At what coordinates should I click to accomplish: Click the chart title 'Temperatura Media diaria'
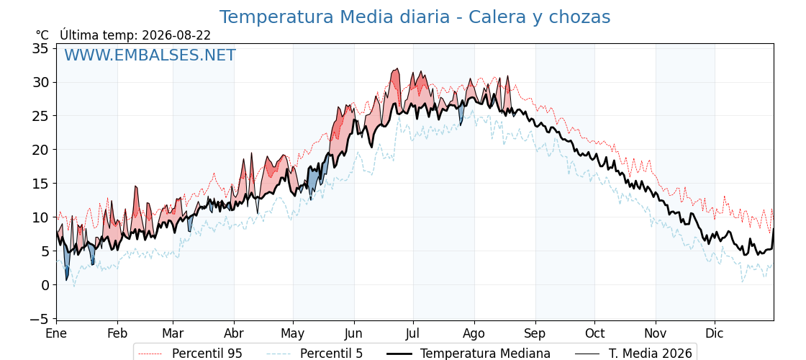(x=335, y=17)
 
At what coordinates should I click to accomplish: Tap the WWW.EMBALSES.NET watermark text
(x=150, y=55)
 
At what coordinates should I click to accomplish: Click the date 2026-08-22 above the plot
(x=176, y=35)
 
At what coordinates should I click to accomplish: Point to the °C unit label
(x=42, y=35)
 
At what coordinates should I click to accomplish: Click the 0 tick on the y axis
(x=45, y=285)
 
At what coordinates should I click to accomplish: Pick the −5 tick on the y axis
(x=40, y=319)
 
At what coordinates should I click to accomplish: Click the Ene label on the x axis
(x=56, y=333)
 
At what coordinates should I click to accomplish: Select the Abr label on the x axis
(x=234, y=333)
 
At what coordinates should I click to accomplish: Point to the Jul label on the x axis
(x=413, y=333)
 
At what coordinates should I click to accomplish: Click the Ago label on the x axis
(x=474, y=333)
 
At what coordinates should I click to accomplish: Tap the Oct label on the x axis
(x=594, y=333)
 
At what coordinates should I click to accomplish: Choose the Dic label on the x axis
(x=715, y=333)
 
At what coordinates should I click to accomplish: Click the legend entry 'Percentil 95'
(x=207, y=354)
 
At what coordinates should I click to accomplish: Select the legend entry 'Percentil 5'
(x=332, y=354)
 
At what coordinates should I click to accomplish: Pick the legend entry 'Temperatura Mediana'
(x=485, y=354)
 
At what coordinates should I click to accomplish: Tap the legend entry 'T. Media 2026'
(x=651, y=354)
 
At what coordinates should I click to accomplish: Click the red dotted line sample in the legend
(x=151, y=354)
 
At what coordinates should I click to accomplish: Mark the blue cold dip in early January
(x=66, y=265)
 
